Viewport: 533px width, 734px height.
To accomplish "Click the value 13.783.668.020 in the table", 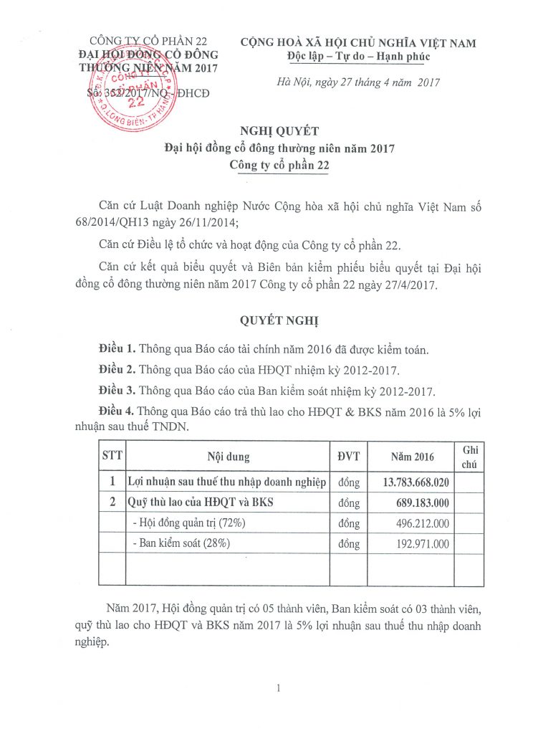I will coord(410,482).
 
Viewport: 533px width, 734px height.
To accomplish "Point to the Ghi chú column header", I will coord(470,457).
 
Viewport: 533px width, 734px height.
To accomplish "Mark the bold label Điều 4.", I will coord(117,411).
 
